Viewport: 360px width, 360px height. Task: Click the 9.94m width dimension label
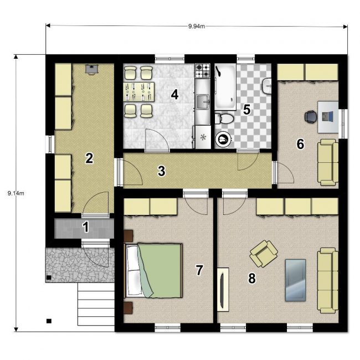[197, 26]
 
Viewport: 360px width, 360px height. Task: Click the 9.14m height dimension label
[16, 193]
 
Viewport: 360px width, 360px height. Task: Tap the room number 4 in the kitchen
[174, 94]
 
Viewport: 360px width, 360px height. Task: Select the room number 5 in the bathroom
[246, 110]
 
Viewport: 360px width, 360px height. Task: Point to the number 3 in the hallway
[161, 171]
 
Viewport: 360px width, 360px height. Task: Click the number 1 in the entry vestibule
[86, 227]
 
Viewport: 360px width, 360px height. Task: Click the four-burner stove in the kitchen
[203, 70]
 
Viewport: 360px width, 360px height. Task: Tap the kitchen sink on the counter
[203, 101]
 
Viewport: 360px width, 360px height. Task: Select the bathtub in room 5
[225, 87]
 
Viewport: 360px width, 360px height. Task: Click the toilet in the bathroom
[224, 119]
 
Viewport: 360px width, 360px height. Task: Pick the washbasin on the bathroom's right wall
[267, 86]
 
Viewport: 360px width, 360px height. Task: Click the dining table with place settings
[138, 92]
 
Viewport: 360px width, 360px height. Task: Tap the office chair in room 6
[310, 116]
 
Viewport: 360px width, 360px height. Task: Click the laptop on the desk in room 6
[327, 116]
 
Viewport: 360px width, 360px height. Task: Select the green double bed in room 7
[153, 271]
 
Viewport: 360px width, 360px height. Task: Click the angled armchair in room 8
[264, 254]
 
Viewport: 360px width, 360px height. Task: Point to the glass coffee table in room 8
[295, 280]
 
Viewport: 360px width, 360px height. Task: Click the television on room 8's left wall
[223, 290]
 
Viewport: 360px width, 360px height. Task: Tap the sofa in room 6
[328, 162]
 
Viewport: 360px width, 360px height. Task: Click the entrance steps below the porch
[96, 304]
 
